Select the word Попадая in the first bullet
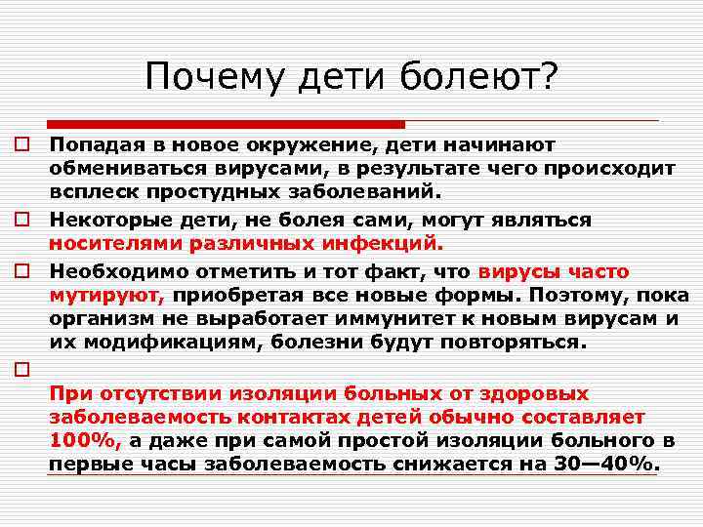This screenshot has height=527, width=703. [93, 145]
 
